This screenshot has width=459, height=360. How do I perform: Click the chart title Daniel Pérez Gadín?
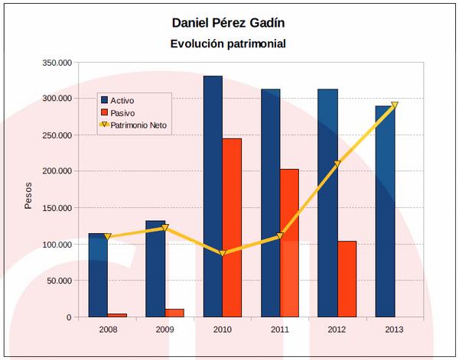point(228,21)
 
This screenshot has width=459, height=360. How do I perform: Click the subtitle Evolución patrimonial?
point(228,44)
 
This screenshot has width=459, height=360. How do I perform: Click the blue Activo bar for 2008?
point(98,274)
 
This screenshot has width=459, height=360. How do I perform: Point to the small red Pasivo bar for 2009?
point(174,313)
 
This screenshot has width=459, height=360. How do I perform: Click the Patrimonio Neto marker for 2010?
point(223,253)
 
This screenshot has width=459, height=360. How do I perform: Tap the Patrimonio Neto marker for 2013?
point(395,106)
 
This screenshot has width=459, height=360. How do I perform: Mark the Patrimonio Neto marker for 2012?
point(337,164)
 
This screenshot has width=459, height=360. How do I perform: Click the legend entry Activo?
point(127,100)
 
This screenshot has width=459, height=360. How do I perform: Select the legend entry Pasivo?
point(127,112)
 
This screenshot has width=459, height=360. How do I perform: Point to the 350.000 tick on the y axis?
point(56,62)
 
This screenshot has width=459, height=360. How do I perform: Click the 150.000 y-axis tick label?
point(56,208)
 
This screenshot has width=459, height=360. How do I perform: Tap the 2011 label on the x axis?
point(280,329)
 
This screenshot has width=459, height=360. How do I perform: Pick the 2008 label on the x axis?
point(108,329)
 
